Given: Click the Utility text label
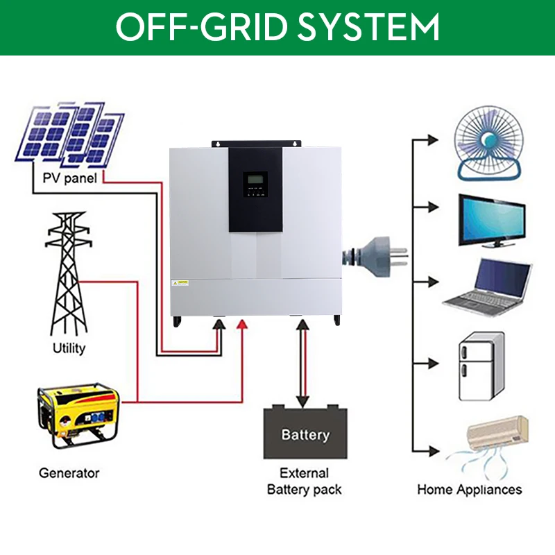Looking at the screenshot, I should [69, 348].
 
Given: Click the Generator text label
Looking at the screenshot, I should [69, 473].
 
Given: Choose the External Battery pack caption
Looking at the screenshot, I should [305, 481].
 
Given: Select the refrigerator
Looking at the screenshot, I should [479, 367].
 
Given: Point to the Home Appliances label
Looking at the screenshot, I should [469, 489].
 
